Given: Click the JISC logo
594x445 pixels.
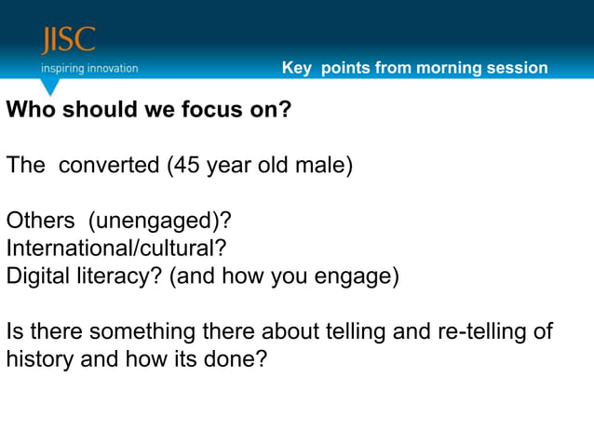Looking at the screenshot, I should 68,41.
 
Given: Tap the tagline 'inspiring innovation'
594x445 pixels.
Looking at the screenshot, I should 88,68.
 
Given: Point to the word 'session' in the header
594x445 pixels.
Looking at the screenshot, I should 520,68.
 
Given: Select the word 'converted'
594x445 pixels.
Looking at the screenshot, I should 110,167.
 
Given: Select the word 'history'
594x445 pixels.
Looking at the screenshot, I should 39,359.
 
